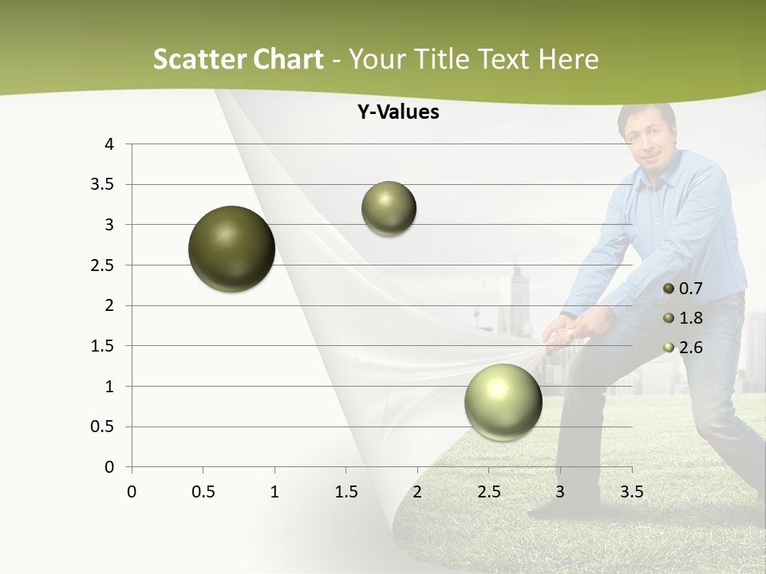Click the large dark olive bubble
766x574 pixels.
[232, 249]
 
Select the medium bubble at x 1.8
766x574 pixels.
[389, 208]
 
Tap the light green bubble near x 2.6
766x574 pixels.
[503, 401]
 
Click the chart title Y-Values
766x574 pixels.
[398, 112]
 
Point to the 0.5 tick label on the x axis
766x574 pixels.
[203, 492]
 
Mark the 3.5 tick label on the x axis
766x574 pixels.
[631, 492]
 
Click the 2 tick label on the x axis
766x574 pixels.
[417, 492]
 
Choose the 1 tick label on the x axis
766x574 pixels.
[274, 492]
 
